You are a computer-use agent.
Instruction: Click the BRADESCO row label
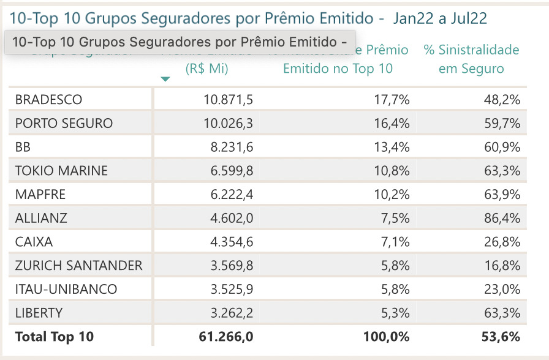[x=48, y=100]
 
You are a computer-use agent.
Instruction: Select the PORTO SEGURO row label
[x=64, y=123]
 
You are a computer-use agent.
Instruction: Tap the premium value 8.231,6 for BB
[x=232, y=147]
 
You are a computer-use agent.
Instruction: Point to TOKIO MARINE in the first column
[x=61, y=171]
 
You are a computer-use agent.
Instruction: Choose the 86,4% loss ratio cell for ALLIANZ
[x=502, y=218]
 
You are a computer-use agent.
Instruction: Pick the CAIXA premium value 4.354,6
[x=232, y=242]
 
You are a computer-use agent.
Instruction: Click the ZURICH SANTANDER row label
[x=78, y=266]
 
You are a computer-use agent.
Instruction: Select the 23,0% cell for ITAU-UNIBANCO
[x=502, y=289]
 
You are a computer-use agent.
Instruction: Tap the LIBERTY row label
[x=39, y=313]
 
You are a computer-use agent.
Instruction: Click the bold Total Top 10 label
[x=55, y=337]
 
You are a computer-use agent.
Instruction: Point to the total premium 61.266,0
[x=226, y=337]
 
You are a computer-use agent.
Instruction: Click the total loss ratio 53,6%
[x=501, y=337]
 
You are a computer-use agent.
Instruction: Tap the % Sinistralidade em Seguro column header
[x=471, y=59]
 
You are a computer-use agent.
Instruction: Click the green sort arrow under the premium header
[x=165, y=79]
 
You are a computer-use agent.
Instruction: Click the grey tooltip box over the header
[x=180, y=42]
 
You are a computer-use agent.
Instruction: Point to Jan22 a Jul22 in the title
[x=440, y=18]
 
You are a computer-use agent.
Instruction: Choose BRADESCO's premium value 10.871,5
[x=228, y=100]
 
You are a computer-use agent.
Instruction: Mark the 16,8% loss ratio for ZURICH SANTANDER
[x=502, y=266]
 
